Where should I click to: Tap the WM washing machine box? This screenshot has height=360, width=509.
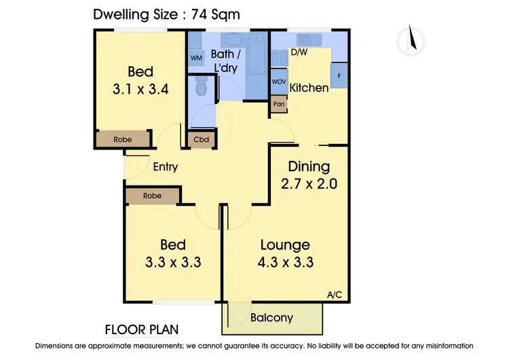[196, 58]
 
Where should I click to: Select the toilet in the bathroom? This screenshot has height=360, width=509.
[199, 88]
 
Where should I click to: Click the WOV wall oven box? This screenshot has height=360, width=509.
[278, 82]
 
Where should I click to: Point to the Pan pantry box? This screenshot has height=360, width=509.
[278, 104]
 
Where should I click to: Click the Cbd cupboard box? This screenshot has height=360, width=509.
[201, 140]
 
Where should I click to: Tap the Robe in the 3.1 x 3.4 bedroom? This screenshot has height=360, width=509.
[122, 139]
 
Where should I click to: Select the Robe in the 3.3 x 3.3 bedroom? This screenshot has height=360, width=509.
[152, 196]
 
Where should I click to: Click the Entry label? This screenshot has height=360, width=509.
[165, 167]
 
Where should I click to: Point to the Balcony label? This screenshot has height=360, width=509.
[271, 317]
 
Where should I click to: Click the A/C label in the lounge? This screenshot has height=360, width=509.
[334, 295]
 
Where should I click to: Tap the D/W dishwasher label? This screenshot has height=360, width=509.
[299, 52]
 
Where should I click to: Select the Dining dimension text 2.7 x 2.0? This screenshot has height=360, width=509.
[309, 183]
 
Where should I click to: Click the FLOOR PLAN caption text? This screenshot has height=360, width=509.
[142, 330]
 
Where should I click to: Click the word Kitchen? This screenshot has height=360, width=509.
[309, 88]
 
